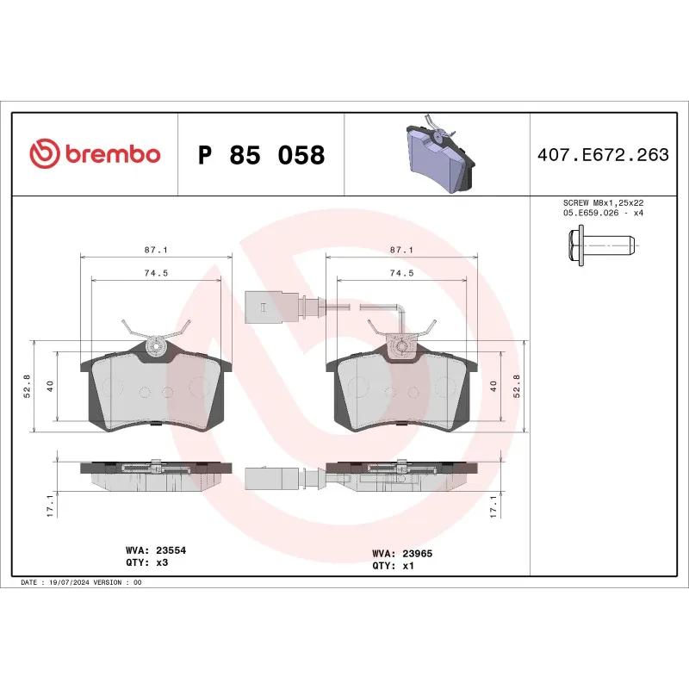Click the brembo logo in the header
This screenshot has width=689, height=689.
click(x=95, y=154)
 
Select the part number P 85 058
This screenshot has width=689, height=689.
click(x=261, y=156)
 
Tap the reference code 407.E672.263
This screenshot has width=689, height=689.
click(x=602, y=156)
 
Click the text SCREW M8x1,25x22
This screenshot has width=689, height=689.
click(x=602, y=202)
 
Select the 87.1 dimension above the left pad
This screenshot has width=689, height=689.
click(x=155, y=249)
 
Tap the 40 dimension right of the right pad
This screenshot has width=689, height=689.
click(x=493, y=386)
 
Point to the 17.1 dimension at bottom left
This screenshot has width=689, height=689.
click(x=50, y=505)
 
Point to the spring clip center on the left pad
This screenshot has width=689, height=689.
click(x=156, y=346)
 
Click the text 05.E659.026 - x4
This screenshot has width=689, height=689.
click(x=602, y=212)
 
